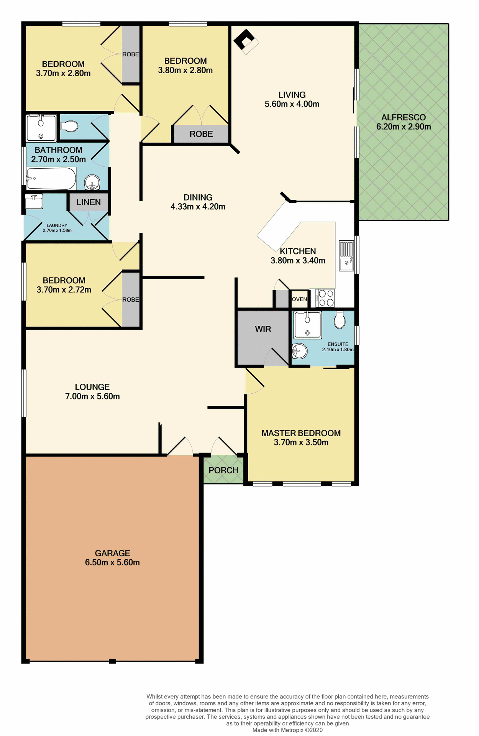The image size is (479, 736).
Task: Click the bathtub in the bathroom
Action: click(x=51, y=179)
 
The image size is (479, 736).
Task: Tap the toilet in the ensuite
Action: click(x=340, y=320)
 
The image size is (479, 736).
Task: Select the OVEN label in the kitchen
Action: click(x=299, y=299)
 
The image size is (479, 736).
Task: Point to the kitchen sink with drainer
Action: click(x=346, y=256)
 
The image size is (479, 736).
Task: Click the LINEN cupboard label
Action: click(x=89, y=202)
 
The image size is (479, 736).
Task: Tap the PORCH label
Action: click(x=223, y=470)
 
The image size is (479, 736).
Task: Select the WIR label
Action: click(x=263, y=329)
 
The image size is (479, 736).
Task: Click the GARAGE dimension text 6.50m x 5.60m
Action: click(x=112, y=562)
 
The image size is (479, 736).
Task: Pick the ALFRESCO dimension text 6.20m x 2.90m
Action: click(x=404, y=127)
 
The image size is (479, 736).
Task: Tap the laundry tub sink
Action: click(x=34, y=201)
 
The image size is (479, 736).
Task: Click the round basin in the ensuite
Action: click(x=300, y=351)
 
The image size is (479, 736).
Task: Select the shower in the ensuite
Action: click(x=307, y=325)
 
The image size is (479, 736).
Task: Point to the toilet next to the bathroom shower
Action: click(x=70, y=126)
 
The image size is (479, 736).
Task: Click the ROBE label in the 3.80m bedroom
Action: click(x=201, y=134)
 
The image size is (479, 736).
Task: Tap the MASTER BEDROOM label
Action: click(x=301, y=433)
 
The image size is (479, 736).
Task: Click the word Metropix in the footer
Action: click(x=292, y=730)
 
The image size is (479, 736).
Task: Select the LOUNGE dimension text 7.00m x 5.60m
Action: click(x=92, y=396)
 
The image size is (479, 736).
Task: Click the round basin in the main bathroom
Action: click(x=92, y=182)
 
